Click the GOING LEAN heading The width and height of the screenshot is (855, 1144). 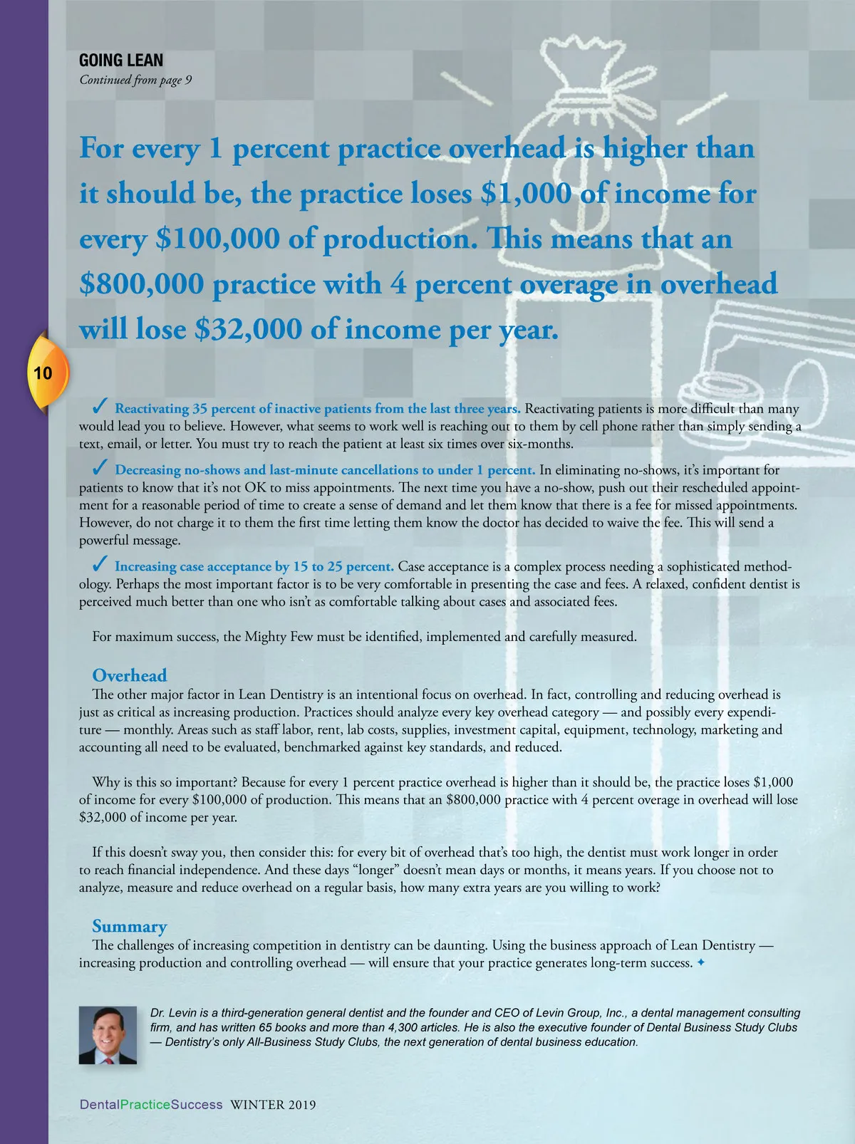coord(121,61)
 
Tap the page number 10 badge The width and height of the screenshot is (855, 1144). coord(43,373)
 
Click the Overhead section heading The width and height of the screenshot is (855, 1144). coord(130,675)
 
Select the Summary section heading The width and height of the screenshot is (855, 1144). coord(130,926)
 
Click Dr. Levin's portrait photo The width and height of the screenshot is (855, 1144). coord(108,1035)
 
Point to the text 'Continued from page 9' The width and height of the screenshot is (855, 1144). coord(135,80)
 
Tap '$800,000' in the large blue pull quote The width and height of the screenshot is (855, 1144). coord(142,284)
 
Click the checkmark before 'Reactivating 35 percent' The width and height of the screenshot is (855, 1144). coord(100,407)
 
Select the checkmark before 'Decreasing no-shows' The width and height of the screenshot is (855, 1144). coord(100,468)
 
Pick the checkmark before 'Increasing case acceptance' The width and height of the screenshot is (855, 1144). coord(100,565)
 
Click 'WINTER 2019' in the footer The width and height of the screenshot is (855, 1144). coord(273,1105)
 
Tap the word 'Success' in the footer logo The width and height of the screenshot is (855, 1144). coord(197,1105)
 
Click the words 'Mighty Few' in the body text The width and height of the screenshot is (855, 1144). coord(279,637)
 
